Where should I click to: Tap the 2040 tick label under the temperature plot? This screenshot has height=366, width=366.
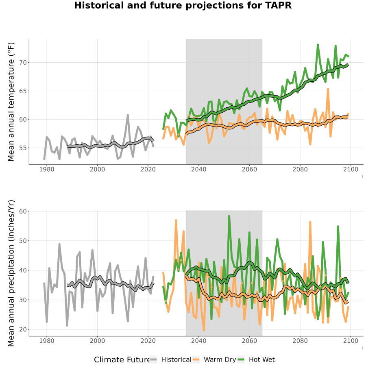[198, 169]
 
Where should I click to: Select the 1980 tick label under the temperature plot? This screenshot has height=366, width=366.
[47, 169]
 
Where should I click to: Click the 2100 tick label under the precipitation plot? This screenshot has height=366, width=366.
[351, 341]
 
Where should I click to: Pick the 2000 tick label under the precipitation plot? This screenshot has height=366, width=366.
[97, 341]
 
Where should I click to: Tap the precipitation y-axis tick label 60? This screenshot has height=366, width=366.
[23, 211]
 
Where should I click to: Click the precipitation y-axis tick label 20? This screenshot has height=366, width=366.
[23, 329]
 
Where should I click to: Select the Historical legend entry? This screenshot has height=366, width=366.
[170, 359]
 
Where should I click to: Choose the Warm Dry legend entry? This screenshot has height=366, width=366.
[214, 359]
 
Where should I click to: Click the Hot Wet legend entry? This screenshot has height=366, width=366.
[256, 359]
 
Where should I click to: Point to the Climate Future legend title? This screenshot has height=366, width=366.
[122, 360]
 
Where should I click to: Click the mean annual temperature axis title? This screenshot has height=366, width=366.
[11, 102]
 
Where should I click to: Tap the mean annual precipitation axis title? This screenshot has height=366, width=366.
[11, 273]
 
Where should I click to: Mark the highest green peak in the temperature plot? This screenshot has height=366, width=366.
[318, 44]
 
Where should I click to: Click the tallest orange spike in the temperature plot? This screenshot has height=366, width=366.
[328, 89]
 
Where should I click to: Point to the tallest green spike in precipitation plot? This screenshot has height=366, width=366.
[229, 216]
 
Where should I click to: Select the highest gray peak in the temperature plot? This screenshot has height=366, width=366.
[128, 115]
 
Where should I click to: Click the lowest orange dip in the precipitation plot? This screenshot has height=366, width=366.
[204, 331]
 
